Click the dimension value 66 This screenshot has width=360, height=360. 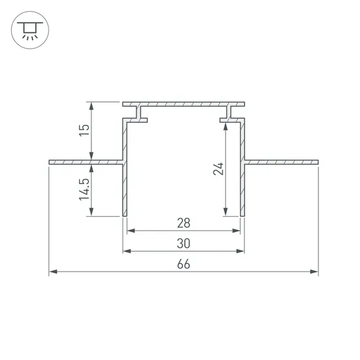[184, 264]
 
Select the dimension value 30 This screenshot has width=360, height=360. [184, 243]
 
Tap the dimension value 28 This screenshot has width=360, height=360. [184, 223]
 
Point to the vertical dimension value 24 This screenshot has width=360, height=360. [219, 169]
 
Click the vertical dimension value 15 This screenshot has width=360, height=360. [84, 130]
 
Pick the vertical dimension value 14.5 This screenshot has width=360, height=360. [84, 189]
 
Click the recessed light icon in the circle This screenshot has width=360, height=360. [30, 30]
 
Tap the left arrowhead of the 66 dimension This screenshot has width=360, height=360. [53, 272]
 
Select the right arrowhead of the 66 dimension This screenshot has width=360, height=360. [314, 272]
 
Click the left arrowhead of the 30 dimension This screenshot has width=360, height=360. [127, 251]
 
